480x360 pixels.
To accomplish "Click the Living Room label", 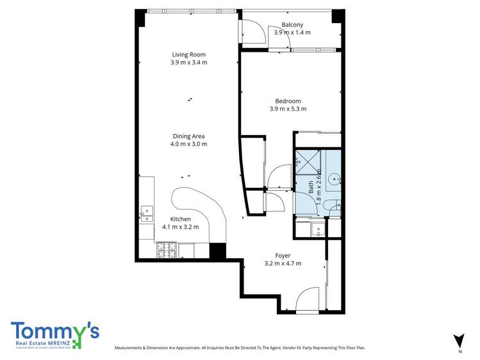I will [x=188, y=54].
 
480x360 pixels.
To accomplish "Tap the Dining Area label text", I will [x=188, y=136].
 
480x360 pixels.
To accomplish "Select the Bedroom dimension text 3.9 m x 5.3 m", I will [x=288, y=109].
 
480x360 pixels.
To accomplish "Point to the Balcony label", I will [x=292, y=24].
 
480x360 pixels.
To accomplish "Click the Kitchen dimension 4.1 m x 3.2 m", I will [x=180, y=227].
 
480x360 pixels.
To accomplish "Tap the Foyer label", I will [x=283, y=255].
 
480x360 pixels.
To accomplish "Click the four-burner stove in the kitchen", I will [x=167, y=250].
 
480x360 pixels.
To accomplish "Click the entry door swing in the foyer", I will [x=308, y=299].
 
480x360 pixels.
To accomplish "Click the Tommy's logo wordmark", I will [x=54, y=331].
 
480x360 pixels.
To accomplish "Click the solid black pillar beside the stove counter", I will [x=218, y=251].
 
